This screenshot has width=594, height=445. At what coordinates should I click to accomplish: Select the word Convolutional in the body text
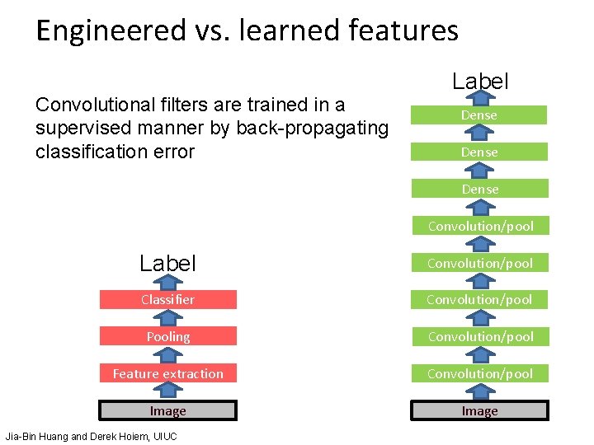92,105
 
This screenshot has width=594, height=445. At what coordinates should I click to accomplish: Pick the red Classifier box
168,300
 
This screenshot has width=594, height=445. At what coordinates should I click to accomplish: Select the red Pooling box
168,337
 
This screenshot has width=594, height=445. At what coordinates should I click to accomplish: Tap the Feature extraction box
168,373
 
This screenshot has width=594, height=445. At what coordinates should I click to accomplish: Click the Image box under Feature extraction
168,410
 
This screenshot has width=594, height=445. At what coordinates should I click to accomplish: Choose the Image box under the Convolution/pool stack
479,410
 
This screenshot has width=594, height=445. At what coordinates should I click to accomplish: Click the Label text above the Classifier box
168,264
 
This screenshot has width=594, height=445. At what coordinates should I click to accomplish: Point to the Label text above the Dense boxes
480,82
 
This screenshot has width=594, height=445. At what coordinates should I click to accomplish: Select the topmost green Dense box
479,115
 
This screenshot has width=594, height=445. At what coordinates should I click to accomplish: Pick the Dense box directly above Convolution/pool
479,190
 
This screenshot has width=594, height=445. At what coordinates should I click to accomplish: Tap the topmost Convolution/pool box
479,226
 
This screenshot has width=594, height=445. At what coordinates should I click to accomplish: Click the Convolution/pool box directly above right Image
479,373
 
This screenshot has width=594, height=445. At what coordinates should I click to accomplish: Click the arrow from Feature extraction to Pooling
168,355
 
